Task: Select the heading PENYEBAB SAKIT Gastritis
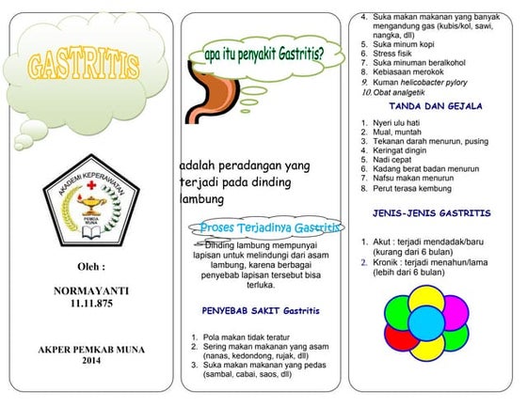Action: click(x=261, y=310)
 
